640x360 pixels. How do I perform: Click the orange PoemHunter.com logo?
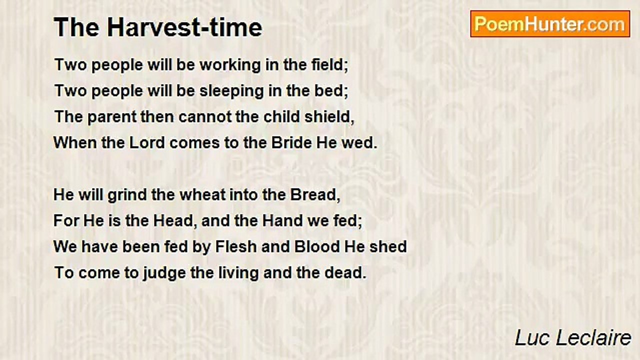click(550, 24)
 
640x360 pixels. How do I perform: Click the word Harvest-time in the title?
click(184, 27)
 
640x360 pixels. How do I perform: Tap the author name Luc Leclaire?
click(573, 338)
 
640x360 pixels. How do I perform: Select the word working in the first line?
click(230, 65)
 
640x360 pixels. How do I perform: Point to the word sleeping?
click(231, 91)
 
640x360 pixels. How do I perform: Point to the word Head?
click(173, 221)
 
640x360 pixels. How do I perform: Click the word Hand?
click(283, 221)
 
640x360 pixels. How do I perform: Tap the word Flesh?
click(236, 247)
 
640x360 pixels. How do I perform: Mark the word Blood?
click(317, 247)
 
